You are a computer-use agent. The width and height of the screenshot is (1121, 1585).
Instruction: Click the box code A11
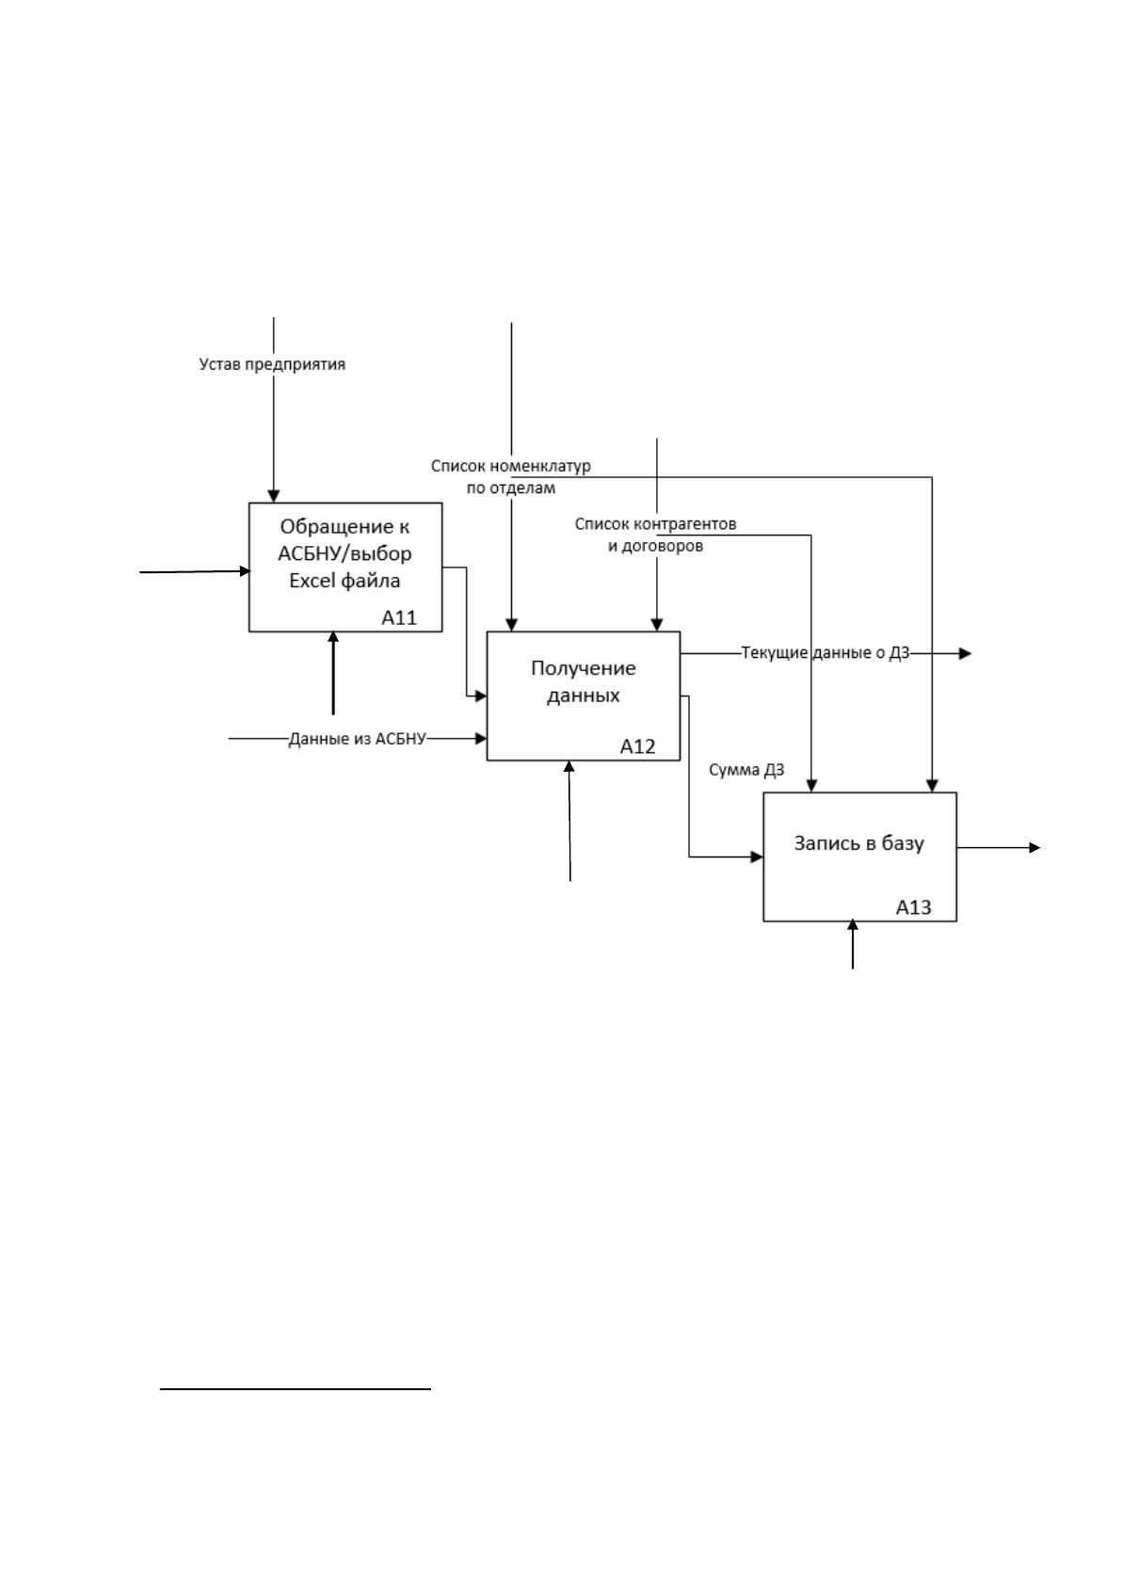tap(399, 617)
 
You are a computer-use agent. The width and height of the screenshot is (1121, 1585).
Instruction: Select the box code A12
tap(637, 746)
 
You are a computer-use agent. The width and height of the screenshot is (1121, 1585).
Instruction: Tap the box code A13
tap(914, 907)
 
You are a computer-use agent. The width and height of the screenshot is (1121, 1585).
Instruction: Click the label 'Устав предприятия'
tap(272, 364)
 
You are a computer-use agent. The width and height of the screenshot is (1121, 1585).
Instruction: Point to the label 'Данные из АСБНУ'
tap(358, 739)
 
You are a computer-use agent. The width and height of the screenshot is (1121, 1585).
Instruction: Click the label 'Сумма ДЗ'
tap(746, 770)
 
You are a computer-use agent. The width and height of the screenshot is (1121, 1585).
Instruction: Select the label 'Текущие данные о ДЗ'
tap(825, 652)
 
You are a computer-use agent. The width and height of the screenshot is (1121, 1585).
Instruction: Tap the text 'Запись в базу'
tap(859, 842)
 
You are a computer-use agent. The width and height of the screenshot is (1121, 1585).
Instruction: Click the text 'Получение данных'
tap(584, 681)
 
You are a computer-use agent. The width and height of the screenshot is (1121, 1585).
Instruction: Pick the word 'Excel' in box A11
tap(312, 580)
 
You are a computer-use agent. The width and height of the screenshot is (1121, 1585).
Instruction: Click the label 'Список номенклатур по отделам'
tap(511, 477)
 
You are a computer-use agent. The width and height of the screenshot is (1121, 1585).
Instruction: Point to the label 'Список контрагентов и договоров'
tap(655, 535)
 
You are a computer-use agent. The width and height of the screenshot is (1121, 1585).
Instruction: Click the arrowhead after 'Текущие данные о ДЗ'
tap(966, 654)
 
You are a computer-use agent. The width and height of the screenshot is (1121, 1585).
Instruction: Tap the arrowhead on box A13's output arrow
tap(1034, 848)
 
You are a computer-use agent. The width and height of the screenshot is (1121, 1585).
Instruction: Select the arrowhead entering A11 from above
tap(274, 496)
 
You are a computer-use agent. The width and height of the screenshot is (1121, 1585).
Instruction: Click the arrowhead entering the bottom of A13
tap(853, 925)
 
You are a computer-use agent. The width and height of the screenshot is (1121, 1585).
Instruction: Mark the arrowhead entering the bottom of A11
tap(333, 637)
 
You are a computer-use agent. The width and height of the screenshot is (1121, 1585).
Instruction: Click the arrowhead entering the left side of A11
tap(245, 571)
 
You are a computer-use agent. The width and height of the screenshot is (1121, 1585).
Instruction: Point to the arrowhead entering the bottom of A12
tap(569, 766)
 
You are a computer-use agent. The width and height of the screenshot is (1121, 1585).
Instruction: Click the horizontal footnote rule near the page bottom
tap(296, 1389)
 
